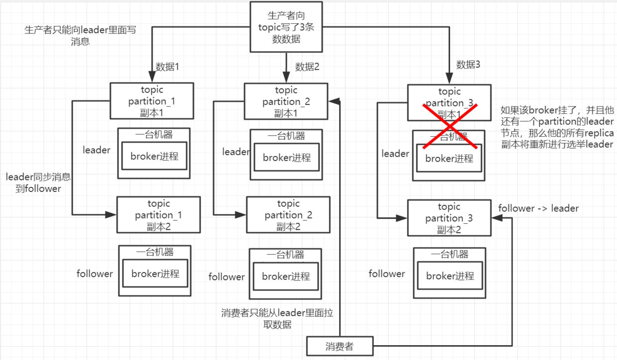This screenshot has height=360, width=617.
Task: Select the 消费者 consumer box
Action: [x=339, y=346]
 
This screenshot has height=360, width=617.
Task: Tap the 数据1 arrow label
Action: [x=167, y=67]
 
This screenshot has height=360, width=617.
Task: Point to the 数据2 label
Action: [x=307, y=67]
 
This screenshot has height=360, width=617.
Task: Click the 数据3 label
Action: [x=468, y=64]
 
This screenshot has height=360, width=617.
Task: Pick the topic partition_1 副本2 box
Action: [x=158, y=215]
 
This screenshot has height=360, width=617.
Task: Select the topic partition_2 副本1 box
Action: [x=286, y=101]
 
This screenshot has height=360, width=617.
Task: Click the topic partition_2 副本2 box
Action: [x=288, y=215]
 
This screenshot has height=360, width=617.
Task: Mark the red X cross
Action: [x=450, y=126]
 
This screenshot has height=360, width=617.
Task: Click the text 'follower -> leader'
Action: [x=538, y=208]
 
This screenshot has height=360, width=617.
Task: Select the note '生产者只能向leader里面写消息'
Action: [x=80, y=36]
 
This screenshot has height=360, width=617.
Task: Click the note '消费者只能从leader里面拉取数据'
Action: [x=277, y=319]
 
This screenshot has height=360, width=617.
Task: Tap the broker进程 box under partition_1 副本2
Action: [x=155, y=273]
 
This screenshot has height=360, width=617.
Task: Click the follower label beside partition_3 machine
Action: [x=387, y=274]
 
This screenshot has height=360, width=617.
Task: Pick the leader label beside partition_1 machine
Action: [x=97, y=150]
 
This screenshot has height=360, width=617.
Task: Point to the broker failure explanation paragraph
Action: [x=557, y=127]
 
